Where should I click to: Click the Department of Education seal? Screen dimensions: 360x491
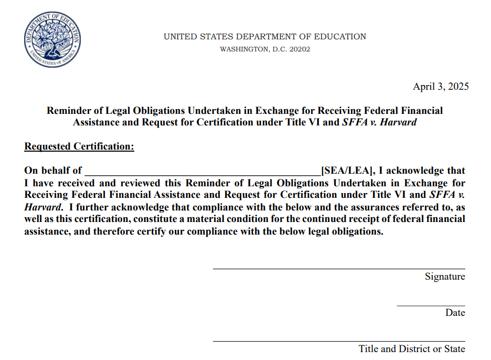(52, 40)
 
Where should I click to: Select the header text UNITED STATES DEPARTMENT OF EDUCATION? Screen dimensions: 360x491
(265, 37)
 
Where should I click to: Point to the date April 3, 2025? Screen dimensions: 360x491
(441, 87)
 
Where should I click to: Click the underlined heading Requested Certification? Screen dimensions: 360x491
(79, 147)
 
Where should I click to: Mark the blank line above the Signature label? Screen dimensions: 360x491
(338, 269)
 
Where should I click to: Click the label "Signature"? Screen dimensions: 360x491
(445, 277)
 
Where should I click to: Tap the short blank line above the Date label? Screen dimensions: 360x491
(430, 305)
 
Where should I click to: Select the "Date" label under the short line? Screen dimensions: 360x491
(455, 313)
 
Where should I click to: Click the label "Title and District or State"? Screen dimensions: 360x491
(412, 349)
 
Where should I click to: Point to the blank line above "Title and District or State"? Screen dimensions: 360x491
(338, 341)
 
